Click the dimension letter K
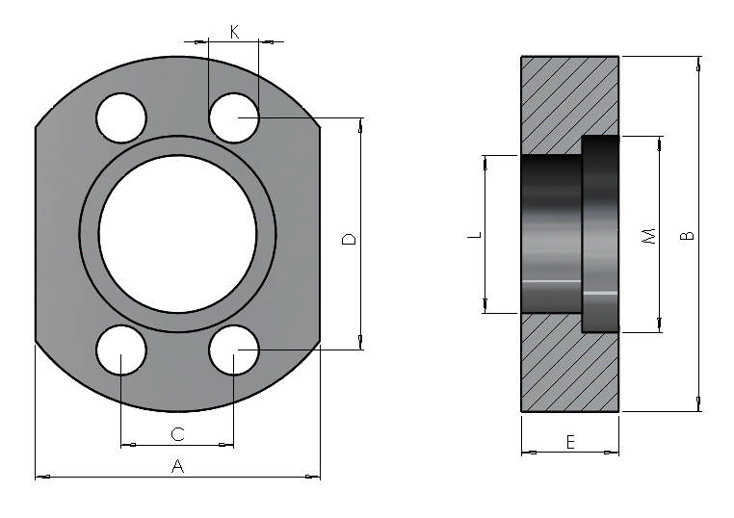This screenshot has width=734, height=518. point(234,32)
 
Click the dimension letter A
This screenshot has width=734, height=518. point(177,466)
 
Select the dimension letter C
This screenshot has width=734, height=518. point(177,434)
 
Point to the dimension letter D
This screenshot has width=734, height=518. point(349,238)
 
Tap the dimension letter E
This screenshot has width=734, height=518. point(569,442)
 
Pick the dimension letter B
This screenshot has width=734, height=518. point(686,235)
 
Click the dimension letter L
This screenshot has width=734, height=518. point(473,235)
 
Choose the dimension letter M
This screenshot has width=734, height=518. point(648,235)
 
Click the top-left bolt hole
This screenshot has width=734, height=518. point(121,119)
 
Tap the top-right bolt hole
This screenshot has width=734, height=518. point(234,119)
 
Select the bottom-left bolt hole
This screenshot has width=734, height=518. point(121,350)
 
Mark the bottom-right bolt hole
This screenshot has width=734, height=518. point(234,350)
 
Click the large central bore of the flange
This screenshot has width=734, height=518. point(177,234)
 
